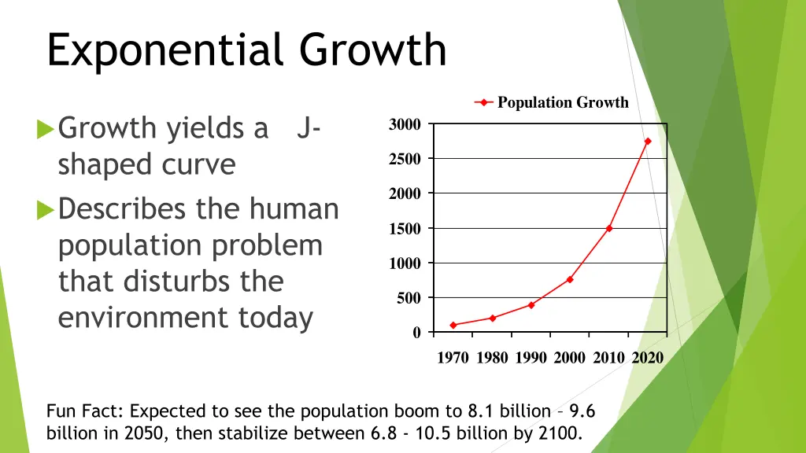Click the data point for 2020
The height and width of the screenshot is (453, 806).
coord(648,142)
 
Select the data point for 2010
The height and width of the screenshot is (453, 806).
coord(609,228)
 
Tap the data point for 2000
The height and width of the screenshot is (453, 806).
coord(570,279)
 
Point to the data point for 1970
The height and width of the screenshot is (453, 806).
coord(453,325)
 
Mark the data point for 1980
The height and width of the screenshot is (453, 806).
coord(493,319)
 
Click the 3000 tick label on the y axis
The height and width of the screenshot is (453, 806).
coord(405,124)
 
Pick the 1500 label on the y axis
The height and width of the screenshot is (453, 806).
coord(405,229)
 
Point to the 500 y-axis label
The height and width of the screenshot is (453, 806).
coord(408,298)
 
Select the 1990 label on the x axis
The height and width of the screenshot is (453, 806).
coord(531,358)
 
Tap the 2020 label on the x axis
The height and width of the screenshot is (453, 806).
coord(648,358)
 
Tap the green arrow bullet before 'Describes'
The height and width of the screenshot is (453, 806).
coord(46,210)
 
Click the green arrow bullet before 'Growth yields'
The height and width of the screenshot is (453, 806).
coord(46,127)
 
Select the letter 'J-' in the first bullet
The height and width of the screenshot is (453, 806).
coord(308,127)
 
